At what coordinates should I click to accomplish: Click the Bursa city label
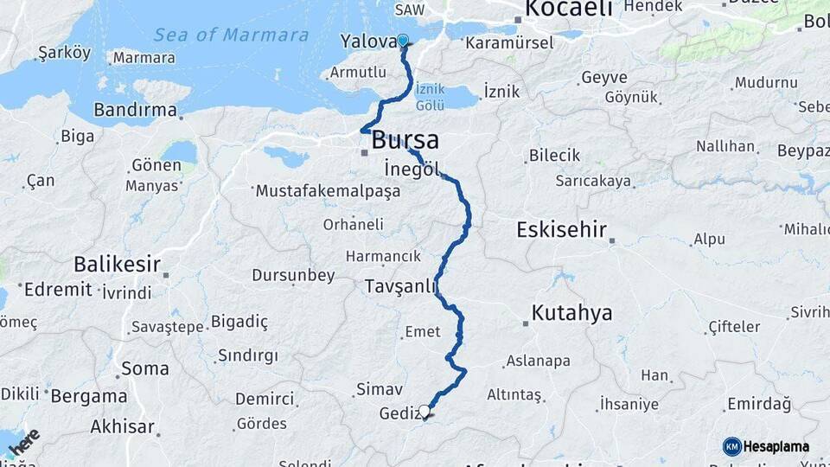coord(405,140)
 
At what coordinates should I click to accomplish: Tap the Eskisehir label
coord(561,231)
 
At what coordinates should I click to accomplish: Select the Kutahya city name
coord(571,312)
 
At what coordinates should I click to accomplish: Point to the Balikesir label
coord(118,263)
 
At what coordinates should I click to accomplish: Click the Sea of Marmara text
coord(231,35)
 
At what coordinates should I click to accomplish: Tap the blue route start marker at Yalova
coord(402,40)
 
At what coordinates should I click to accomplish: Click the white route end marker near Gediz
coord(425,411)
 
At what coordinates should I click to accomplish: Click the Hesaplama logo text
coord(776,446)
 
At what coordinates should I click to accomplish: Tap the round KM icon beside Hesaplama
coord(731,446)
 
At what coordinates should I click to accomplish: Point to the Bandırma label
coord(134,111)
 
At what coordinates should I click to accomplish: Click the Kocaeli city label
coord(569,10)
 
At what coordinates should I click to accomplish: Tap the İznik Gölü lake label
coord(430,97)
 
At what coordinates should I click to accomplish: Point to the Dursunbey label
coord(293,276)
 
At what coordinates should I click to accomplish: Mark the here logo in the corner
coord(24,442)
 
